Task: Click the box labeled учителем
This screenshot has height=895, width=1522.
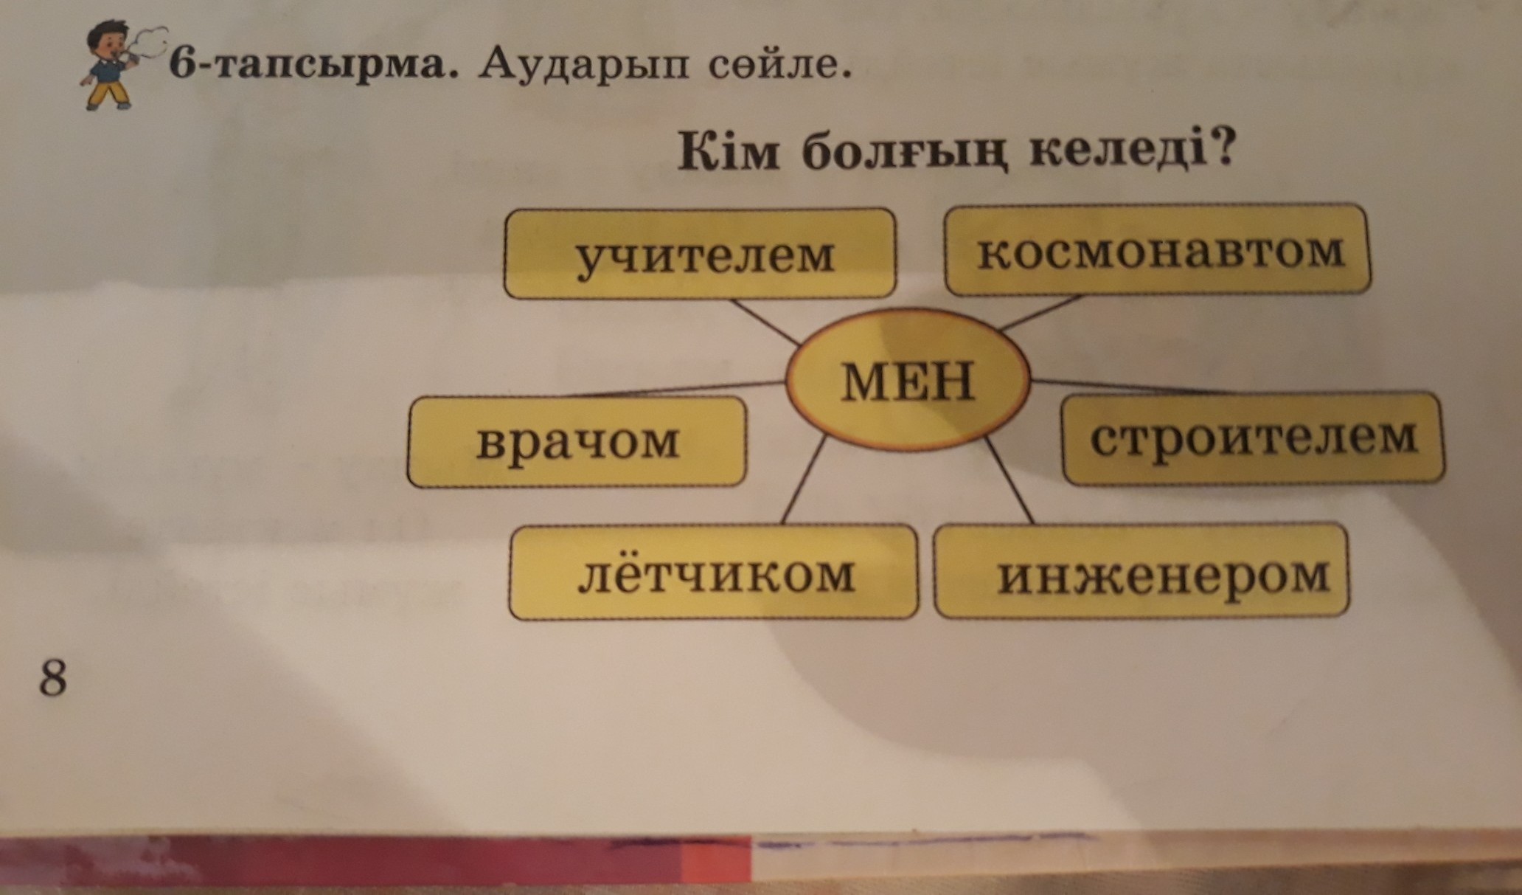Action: (699, 253)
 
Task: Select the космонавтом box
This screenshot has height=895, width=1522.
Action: (1157, 249)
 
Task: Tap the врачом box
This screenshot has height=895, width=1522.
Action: (577, 442)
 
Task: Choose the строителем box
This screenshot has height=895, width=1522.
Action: (1252, 438)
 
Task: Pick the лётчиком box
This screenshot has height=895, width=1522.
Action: (712, 573)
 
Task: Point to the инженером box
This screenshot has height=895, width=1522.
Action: (1140, 572)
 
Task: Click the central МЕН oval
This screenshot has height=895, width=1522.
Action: (907, 380)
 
